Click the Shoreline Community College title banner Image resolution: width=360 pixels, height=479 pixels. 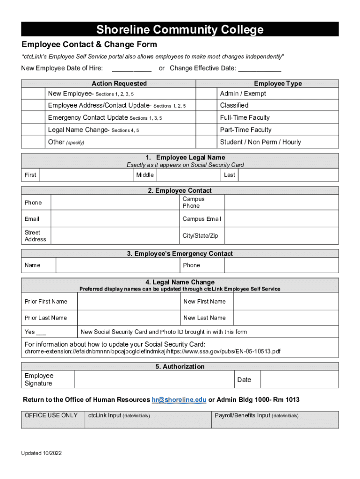click(180, 30)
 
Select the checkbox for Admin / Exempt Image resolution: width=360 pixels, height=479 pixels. click(206, 94)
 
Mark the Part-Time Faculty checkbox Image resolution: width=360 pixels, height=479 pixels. click(206, 130)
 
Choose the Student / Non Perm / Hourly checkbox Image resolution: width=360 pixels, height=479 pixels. click(206, 142)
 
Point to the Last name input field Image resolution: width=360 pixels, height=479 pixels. click(288, 175)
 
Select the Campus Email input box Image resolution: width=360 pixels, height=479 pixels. click(281, 219)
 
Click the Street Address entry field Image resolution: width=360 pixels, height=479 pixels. click(114, 236)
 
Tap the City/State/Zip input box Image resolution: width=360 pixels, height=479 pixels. click(281, 236)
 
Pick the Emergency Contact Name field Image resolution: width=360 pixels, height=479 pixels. click(117, 265)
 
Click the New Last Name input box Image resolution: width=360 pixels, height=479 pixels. click(286, 318)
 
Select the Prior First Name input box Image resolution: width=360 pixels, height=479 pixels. click(129, 302)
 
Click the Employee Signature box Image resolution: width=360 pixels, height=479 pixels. click(154, 379)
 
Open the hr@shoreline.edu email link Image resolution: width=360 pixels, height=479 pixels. click(179, 400)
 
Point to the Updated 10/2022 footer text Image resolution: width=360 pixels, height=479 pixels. click(41, 453)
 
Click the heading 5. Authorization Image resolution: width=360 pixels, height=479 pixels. click(180, 367)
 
